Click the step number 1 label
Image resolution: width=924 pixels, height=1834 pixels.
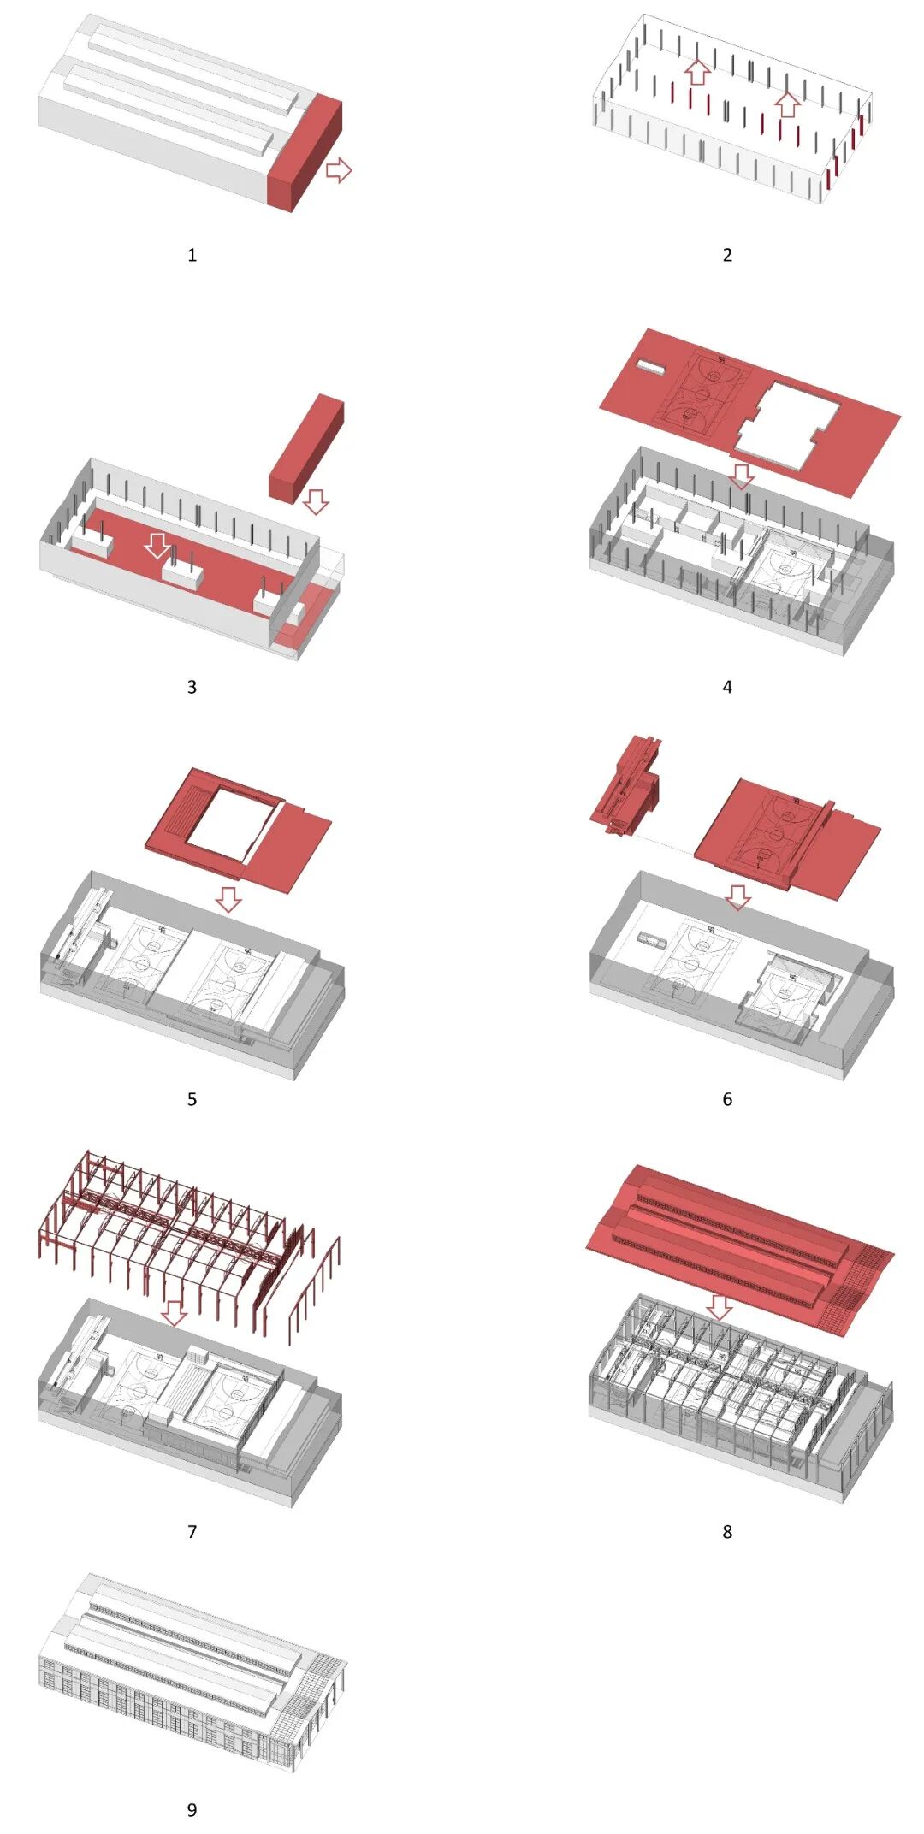(x=192, y=255)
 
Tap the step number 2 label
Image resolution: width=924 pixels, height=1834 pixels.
(x=727, y=255)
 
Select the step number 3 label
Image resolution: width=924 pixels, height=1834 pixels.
(x=192, y=687)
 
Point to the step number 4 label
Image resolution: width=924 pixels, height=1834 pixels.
(x=727, y=687)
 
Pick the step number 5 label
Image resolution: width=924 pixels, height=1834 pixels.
(x=192, y=1099)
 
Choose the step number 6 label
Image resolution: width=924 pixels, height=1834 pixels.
(x=727, y=1099)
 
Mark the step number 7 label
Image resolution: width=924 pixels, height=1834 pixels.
(x=192, y=1531)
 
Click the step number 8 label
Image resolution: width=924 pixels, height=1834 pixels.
(x=727, y=1531)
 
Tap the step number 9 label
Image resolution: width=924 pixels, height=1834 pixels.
(x=192, y=1809)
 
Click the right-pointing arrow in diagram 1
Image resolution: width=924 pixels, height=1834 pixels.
(x=339, y=169)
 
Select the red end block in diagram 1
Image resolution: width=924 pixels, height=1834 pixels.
(x=305, y=154)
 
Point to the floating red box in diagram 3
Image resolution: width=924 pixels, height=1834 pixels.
(x=306, y=448)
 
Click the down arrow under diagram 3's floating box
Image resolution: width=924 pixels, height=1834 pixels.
(x=316, y=501)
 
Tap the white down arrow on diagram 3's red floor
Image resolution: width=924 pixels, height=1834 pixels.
(x=157, y=545)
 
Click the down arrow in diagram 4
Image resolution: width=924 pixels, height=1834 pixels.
(x=742, y=476)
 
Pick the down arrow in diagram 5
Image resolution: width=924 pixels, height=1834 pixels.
(x=228, y=899)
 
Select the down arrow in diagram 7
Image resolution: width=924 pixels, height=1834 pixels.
(x=175, y=1313)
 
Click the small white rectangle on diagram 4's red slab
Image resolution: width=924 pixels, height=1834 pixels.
(x=650, y=367)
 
